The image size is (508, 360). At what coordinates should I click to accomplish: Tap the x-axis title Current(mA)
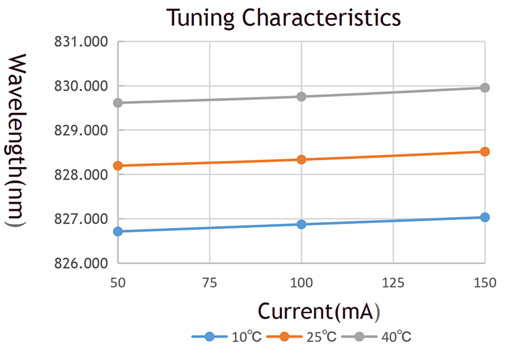[319, 311]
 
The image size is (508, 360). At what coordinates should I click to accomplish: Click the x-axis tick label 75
[209, 283]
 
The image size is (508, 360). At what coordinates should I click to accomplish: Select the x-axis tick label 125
[393, 283]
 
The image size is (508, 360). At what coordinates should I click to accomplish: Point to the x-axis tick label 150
[484, 283]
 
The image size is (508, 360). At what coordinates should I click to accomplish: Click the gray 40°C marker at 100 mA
[301, 96]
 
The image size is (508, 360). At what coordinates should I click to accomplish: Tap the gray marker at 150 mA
[484, 87]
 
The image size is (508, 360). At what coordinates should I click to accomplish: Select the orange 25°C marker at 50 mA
[118, 165]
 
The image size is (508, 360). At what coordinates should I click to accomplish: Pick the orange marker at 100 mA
[301, 160]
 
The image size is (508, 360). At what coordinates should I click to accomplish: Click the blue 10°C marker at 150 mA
[484, 217]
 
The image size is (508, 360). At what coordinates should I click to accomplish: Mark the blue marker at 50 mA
[118, 231]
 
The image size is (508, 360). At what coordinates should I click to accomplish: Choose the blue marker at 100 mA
[301, 224]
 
